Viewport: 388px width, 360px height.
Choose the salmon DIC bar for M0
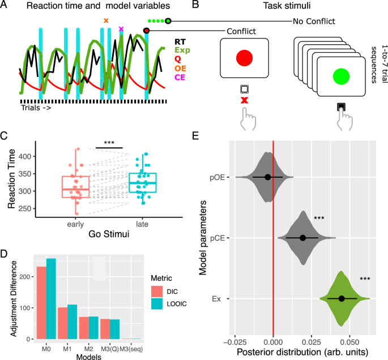click(41, 303)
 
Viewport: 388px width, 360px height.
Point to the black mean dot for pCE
click(302, 238)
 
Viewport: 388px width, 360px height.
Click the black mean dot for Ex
click(342, 298)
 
